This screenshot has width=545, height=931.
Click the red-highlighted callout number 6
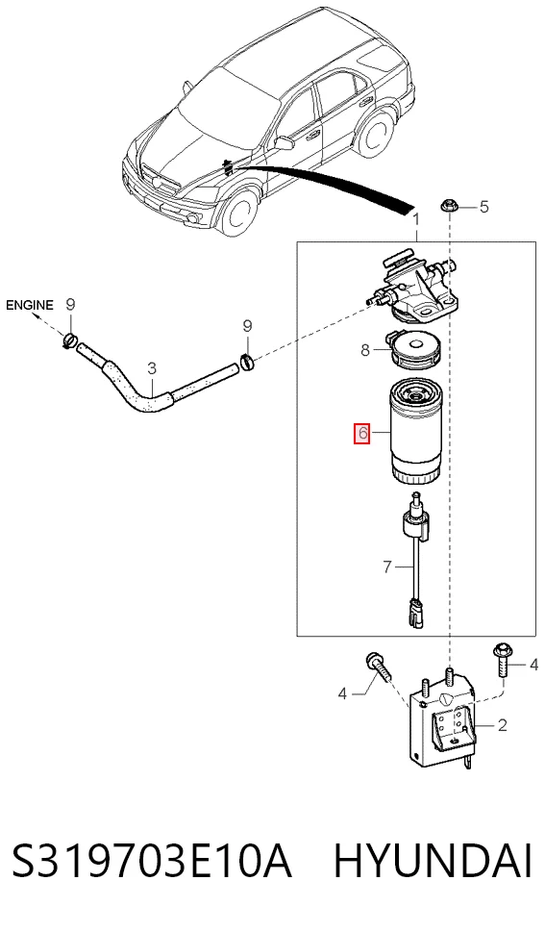tap(362, 434)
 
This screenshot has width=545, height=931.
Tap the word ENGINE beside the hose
tap(30, 305)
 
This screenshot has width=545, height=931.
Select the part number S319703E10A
tap(152, 861)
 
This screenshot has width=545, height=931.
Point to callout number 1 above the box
tap(416, 219)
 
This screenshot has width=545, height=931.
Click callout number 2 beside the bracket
tap(503, 725)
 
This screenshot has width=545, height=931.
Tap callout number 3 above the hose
tap(152, 368)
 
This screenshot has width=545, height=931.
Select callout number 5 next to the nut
tap(483, 207)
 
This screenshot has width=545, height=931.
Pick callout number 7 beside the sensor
tap(387, 567)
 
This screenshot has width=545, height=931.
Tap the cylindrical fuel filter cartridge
tap(417, 431)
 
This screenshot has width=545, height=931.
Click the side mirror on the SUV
tap(285, 143)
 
